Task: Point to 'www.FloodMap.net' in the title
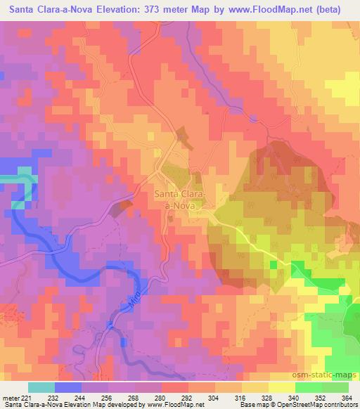coord(266,8)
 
